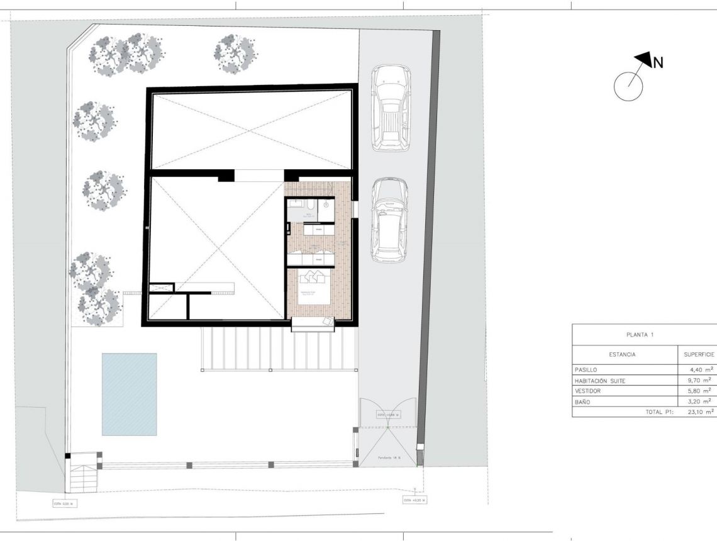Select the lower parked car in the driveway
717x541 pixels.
click(389, 219)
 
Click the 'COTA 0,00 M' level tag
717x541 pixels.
click(66, 503)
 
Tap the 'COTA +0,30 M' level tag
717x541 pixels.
click(414, 500)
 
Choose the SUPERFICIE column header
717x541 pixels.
click(698, 354)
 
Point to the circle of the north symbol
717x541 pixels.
click(628, 86)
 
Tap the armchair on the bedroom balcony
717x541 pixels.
click(329, 321)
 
